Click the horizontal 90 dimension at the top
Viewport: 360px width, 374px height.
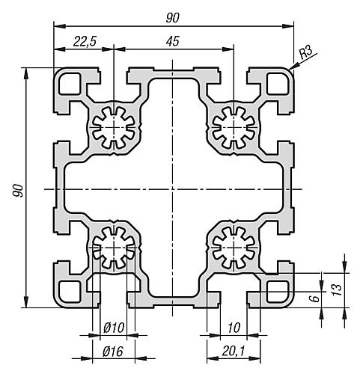[173, 18]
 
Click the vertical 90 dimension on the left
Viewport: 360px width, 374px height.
[19, 191]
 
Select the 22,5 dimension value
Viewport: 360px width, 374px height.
[85, 41]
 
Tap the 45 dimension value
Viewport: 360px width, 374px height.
[173, 41]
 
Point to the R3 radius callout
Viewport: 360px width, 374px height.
[305, 53]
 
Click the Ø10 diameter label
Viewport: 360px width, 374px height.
[114, 328]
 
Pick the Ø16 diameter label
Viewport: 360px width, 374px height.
[113, 352]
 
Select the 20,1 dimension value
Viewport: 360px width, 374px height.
[234, 352]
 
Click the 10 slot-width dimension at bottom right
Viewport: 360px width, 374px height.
[234, 328]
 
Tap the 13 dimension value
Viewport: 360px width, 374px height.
[337, 289]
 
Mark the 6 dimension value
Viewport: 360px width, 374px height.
[316, 298]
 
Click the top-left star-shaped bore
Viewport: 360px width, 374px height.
[114, 127]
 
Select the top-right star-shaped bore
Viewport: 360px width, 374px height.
[234, 127]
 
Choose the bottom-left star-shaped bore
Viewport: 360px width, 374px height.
[114, 248]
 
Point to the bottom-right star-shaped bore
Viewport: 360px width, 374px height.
[234, 248]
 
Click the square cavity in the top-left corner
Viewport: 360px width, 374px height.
[70, 84]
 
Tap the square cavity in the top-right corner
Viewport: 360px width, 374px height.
[278, 84]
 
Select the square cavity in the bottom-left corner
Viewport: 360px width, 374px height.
[70, 291]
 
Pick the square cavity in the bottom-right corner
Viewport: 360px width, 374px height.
[278, 291]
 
